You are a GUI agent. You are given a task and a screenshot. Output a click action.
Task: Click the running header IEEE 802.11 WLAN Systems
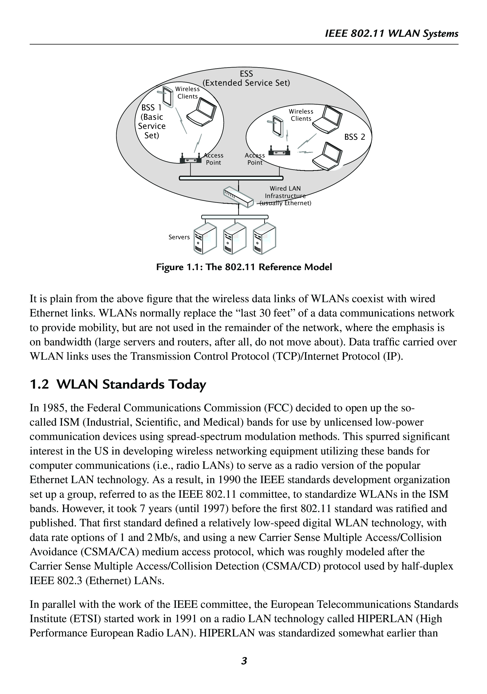point(391,34)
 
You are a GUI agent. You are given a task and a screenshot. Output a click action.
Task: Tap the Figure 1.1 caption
point(244,267)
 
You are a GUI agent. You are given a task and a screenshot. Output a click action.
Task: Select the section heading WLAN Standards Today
point(131,384)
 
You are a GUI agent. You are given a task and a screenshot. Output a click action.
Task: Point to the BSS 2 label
point(355,137)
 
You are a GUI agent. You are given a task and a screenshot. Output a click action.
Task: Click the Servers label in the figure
point(179,237)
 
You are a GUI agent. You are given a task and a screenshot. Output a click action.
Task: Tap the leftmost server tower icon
point(205,239)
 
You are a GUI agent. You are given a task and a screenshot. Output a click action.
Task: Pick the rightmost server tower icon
point(264,239)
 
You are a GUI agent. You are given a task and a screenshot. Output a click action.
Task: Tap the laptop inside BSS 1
point(201,112)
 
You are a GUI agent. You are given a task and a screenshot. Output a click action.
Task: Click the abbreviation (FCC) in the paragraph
point(278,408)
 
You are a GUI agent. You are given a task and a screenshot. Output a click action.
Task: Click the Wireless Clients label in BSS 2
point(301,115)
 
